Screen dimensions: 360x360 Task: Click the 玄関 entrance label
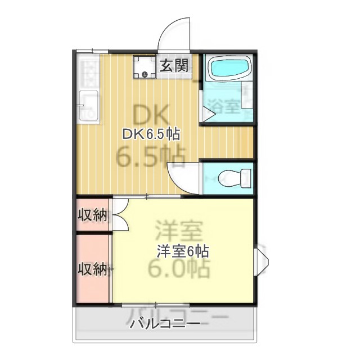tap(174, 66)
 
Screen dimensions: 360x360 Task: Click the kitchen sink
tap(88, 105)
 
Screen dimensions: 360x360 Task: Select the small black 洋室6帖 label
tap(179, 251)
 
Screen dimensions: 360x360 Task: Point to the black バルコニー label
tap(164, 323)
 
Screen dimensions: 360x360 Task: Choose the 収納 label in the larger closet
tap(92, 269)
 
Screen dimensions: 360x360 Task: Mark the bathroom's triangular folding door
tap(208, 114)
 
